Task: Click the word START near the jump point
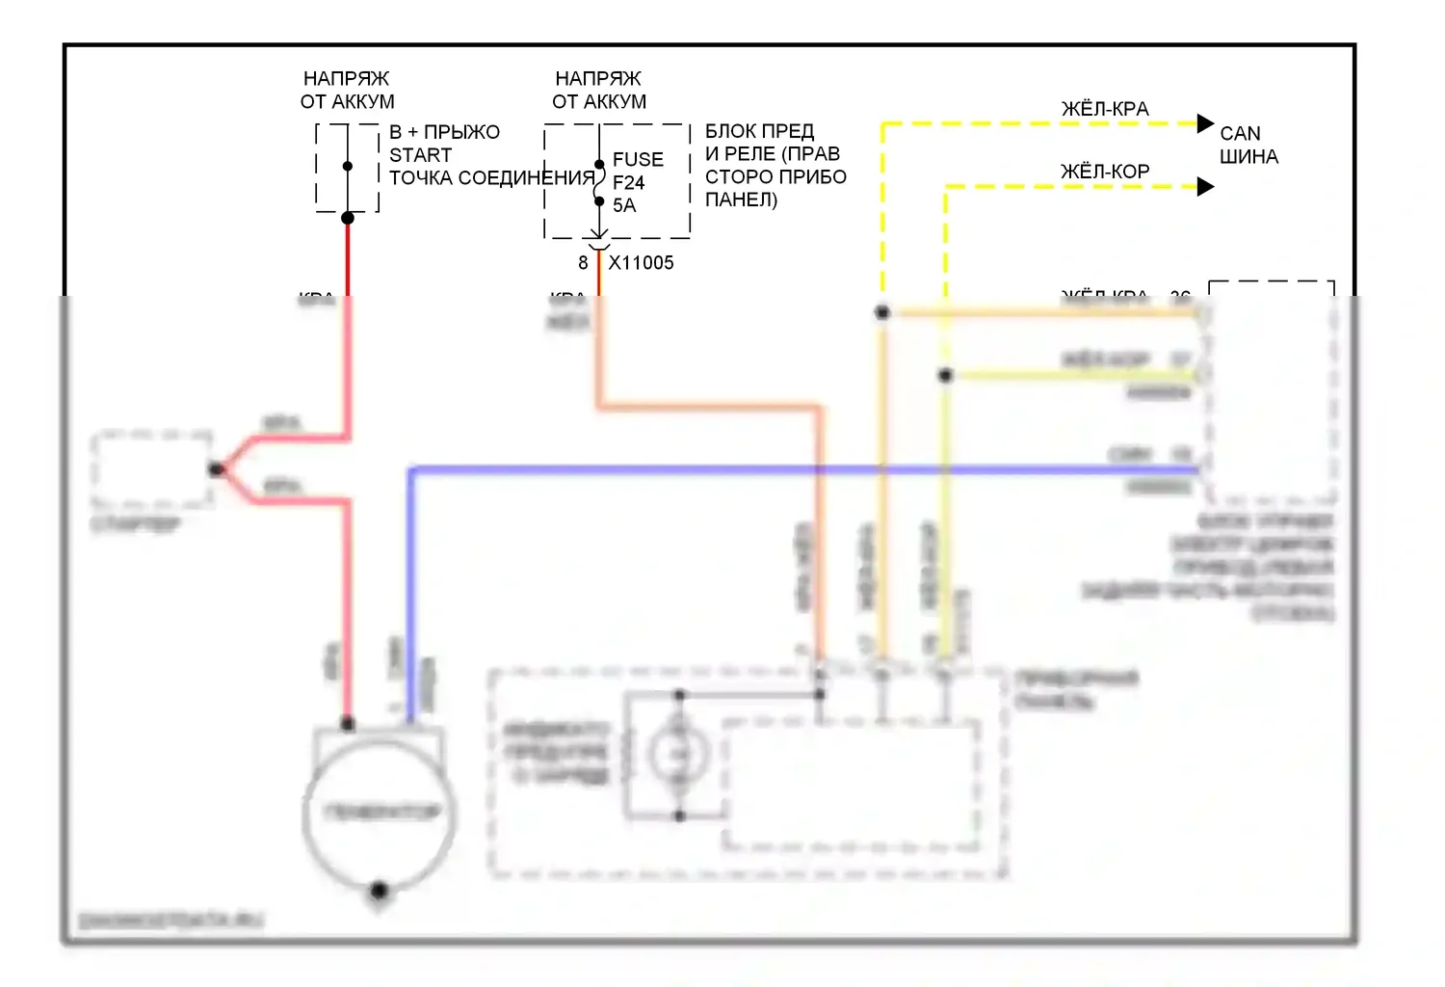pos(420,155)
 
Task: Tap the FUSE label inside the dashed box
pos(638,159)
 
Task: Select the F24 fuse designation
pos(628,182)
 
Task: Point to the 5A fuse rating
pos(624,205)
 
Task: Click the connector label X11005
pos(641,263)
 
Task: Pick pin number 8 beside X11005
pos(583,263)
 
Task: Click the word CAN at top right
pos(1240,133)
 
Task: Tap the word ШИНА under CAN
pos(1248,156)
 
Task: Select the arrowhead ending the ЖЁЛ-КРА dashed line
pos(1205,123)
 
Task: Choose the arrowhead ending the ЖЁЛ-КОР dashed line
pos(1205,186)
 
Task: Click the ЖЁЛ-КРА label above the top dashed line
pos(1105,109)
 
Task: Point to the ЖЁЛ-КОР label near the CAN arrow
pos(1105,172)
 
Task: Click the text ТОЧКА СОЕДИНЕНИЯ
pos(491,178)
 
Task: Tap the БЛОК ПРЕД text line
pos(759,131)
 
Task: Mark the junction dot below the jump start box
pos(348,218)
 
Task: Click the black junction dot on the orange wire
pos(882,312)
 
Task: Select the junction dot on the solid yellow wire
pos(946,375)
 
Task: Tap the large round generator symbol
pos(379,813)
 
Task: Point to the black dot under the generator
pos(379,890)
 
